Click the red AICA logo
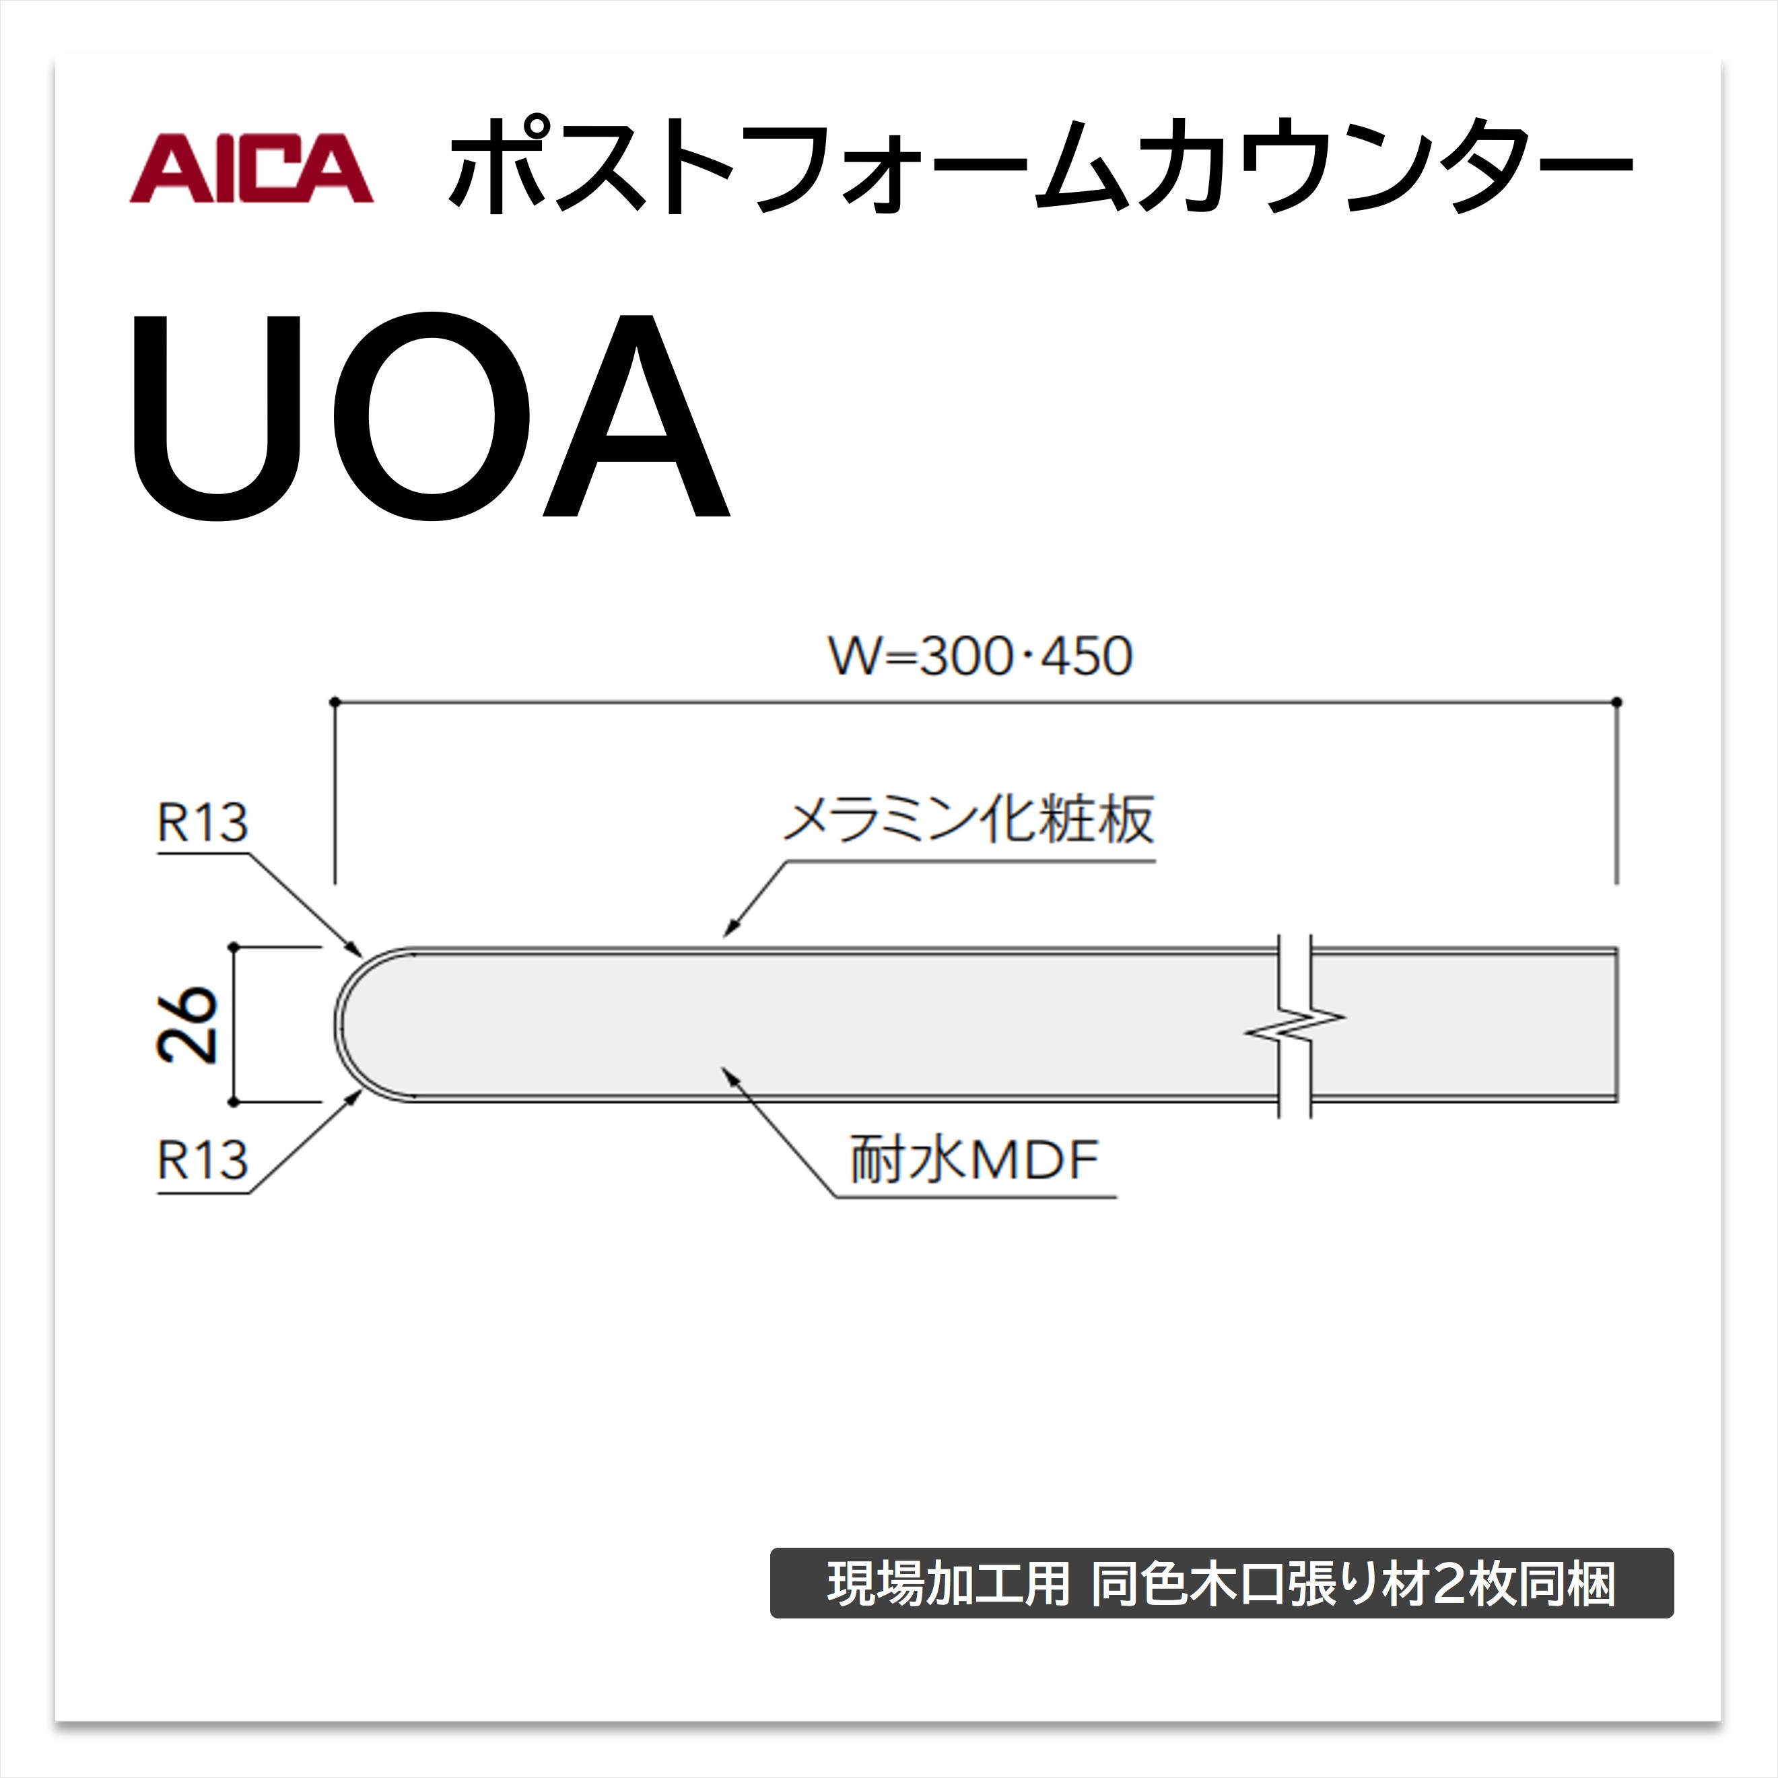(251, 168)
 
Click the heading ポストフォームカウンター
(1040, 166)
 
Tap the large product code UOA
(431, 417)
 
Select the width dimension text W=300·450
(981, 656)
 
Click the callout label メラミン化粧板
(968, 819)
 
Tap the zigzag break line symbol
(1295, 1025)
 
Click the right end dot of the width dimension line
(1617, 702)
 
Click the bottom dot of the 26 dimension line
(233, 1101)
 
